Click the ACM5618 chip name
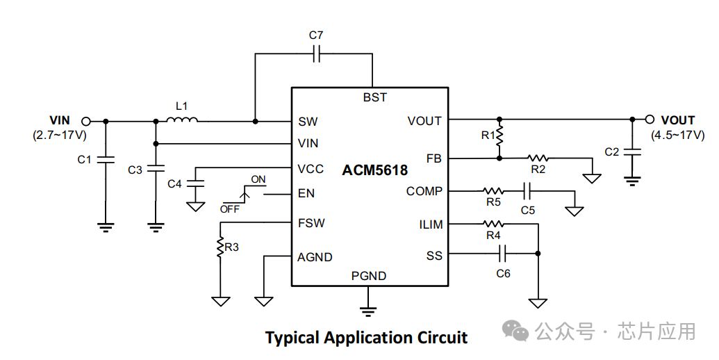[x=374, y=170]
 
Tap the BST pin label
[x=374, y=97]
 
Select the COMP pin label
[x=424, y=191]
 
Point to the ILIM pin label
[x=430, y=224]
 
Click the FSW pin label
[x=311, y=223]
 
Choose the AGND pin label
[x=315, y=257]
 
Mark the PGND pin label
[x=369, y=276]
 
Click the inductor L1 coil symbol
[x=182, y=120]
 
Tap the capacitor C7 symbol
[x=316, y=53]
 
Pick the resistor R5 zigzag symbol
[x=493, y=190]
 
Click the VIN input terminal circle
[x=86, y=121]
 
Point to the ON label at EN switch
[x=258, y=179]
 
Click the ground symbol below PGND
[x=369, y=306]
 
